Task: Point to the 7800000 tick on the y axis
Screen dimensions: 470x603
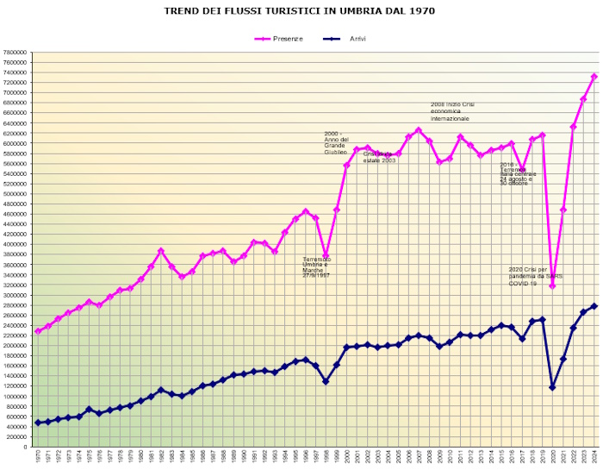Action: (16, 52)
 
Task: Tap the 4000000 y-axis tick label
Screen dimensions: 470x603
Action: (16, 244)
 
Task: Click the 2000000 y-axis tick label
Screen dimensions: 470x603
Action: (16, 346)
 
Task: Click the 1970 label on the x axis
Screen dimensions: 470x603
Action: (38, 457)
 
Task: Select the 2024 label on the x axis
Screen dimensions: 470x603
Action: (594, 457)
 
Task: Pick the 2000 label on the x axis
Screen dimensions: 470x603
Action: (347, 457)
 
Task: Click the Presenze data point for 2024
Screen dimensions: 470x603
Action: (594, 77)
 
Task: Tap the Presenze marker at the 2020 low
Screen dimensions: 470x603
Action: (553, 285)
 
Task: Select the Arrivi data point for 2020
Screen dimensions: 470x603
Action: (553, 387)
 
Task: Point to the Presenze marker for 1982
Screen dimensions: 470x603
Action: (161, 251)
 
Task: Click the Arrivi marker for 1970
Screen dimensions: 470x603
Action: (38, 423)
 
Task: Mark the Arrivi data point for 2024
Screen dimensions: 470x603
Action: (594, 306)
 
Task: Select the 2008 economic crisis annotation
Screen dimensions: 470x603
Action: (453, 111)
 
